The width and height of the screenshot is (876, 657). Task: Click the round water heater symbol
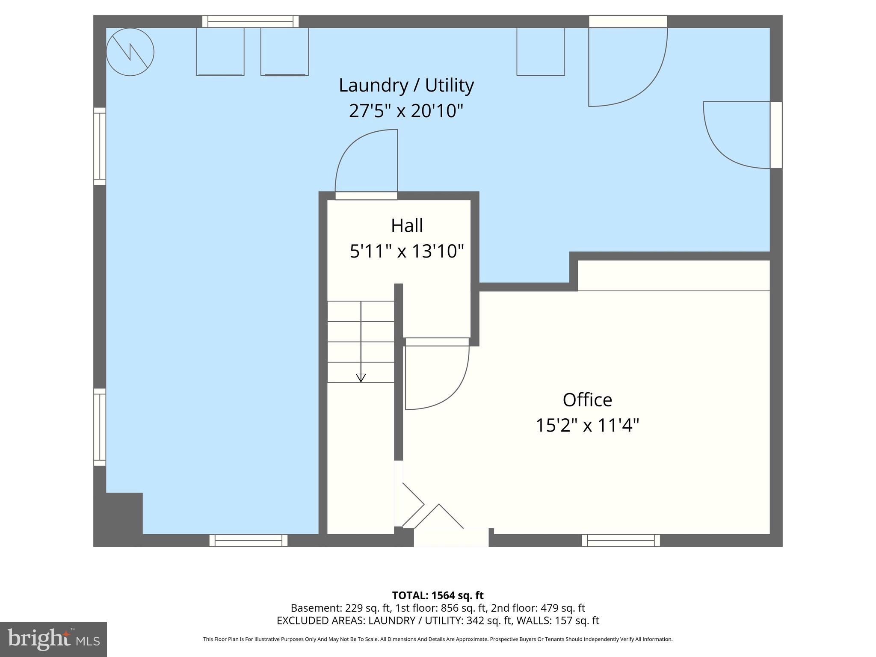[x=130, y=52]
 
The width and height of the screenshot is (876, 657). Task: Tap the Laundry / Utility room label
[x=406, y=85]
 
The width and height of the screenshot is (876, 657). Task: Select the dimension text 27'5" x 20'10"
[x=406, y=111]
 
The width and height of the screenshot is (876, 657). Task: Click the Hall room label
[x=407, y=225]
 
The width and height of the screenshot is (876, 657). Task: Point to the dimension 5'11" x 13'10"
[x=407, y=251]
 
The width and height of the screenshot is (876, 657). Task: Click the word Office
[x=587, y=400]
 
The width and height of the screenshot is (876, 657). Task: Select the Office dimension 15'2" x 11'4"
[x=587, y=426]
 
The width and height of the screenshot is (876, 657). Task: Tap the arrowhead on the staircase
[x=361, y=378]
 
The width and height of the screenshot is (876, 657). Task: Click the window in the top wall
[x=251, y=21]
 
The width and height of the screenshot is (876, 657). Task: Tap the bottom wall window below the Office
[x=621, y=540]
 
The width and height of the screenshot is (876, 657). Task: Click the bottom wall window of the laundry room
[x=249, y=540]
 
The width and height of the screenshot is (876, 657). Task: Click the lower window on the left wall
[x=100, y=427]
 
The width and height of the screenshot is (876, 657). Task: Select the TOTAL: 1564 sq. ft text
[x=438, y=595]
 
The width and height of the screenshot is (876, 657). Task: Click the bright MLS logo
[x=53, y=639]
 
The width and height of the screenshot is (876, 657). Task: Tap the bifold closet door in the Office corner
[x=432, y=513]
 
